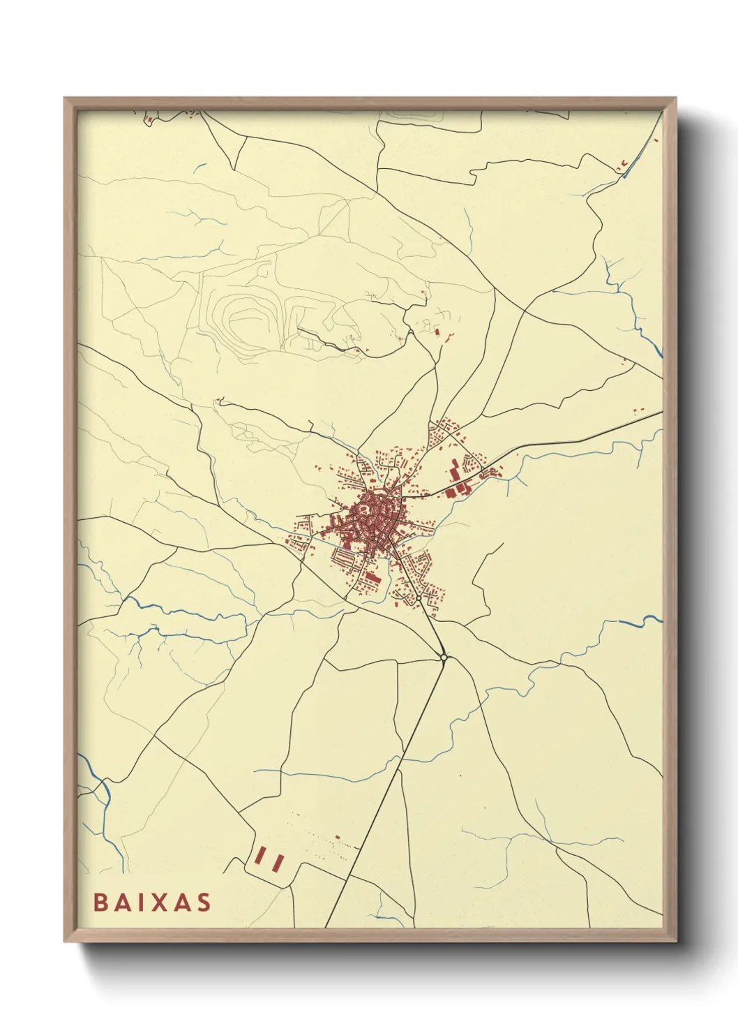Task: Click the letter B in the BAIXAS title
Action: (100, 902)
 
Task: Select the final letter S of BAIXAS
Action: (204, 902)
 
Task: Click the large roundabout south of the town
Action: (444, 657)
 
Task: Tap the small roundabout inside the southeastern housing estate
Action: (417, 597)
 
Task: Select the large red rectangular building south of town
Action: (372, 578)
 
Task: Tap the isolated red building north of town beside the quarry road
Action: (437, 331)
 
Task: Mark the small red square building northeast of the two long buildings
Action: (338, 837)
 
